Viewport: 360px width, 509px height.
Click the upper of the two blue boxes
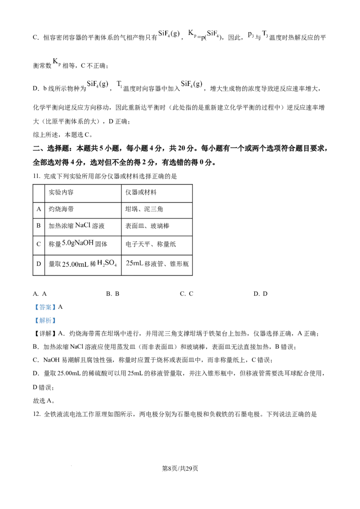(45, 308)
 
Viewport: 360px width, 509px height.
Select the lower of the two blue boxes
(45, 320)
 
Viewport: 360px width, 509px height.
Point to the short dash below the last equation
(130, 275)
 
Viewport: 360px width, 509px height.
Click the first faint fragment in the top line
(169, 34)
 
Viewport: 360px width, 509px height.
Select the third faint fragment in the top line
(212, 33)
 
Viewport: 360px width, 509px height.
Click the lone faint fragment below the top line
(56, 63)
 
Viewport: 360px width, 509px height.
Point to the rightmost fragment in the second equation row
(193, 84)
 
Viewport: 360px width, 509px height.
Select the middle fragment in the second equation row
(119, 84)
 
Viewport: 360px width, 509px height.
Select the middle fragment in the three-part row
(107, 263)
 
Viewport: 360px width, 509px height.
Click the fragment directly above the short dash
(135, 263)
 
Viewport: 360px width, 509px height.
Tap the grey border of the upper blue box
(33, 308)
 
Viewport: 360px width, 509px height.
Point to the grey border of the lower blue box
(33, 320)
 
